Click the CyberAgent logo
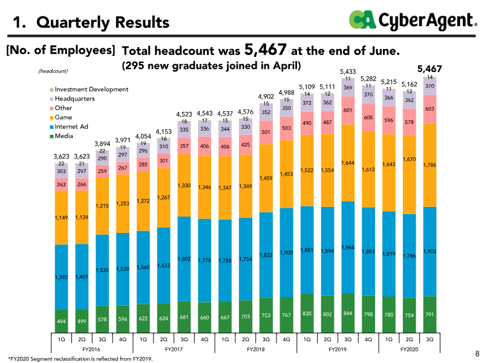pos(413,21)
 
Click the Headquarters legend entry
pos(72,99)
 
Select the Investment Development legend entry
pos(89,90)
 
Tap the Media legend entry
pos(62,136)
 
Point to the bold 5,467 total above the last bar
pos(430,69)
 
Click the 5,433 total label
pos(348,71)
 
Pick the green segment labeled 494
pos(62,321)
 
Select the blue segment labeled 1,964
pos(348,247)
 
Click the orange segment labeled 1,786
pos(430,165)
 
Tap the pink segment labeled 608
pos(368,117)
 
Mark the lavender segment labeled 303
pos(62,171)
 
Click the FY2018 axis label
pos(255,350)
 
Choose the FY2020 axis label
pos(409,350)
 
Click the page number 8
pos(477,353)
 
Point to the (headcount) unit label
pos(53,71)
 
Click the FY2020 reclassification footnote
pos(80,359)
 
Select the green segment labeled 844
pos(348,313)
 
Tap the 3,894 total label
pos(102,144)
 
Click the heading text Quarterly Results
pos(103,22)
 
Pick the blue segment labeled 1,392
pos(62,277)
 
